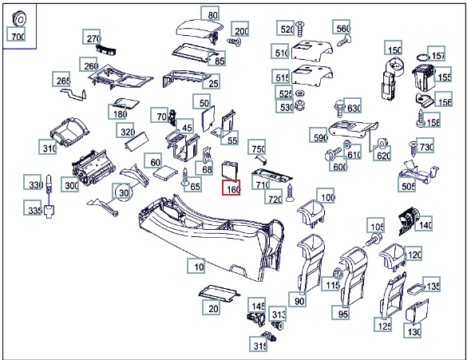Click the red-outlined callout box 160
231,188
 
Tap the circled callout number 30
122,192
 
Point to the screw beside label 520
299,28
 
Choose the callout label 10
196,266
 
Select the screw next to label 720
290,193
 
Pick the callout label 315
259,344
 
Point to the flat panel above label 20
219,293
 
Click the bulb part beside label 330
49,183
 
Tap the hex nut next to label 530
299,105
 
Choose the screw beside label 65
185,177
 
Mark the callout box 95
340,313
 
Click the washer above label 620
382,143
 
